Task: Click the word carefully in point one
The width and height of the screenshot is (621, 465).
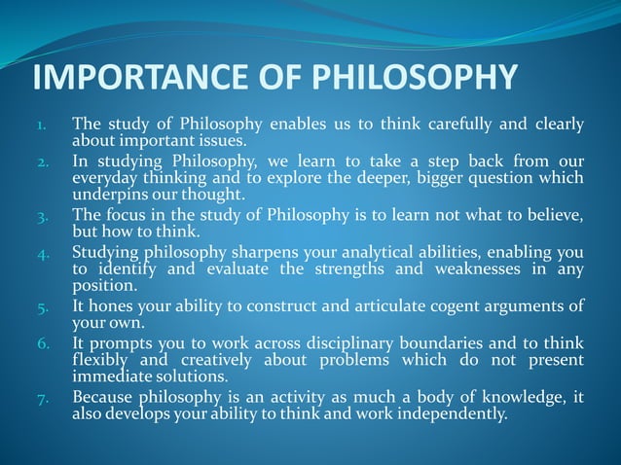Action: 456,125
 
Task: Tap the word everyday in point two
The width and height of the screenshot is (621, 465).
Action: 105,178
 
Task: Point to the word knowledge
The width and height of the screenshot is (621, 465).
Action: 528,399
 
